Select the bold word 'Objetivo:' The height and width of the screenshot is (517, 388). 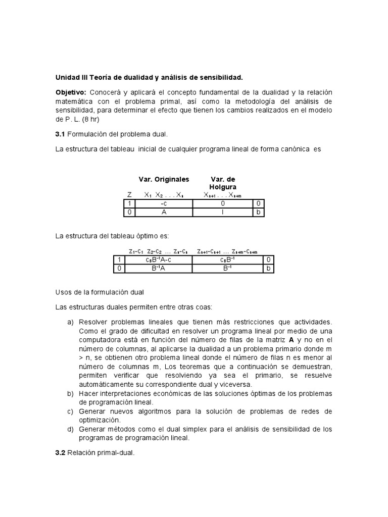pyautogui.click(x=71, y=92)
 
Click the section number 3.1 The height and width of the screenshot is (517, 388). pyautogui.click(x=60, y=134)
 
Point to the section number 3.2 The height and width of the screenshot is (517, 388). pyautogui.click(x=60, y=453)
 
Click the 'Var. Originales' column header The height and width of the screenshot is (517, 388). pyautogui.click(x=164, y=179)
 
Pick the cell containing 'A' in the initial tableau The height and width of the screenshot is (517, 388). pyautogui.click(x=164, y=213)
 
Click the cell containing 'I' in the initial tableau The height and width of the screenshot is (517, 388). pyautogui.click(x=222, y=213)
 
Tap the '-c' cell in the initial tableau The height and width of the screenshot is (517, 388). pyautogui.click(x=164, y=203)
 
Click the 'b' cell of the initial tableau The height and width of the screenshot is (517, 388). pyautogui.click(x=258, y=213)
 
